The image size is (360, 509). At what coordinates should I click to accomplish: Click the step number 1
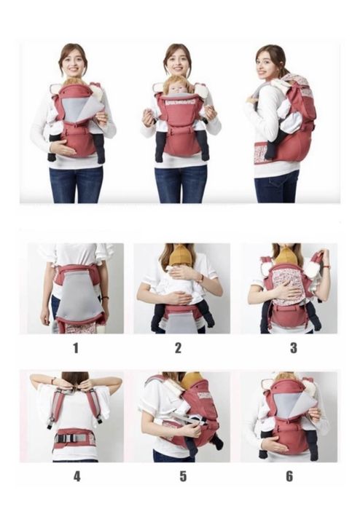(76, 347)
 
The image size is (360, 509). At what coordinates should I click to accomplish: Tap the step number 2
(178, 347)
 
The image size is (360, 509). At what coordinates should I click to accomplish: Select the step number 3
(294, 347)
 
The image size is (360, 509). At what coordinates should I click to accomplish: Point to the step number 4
(77, 476)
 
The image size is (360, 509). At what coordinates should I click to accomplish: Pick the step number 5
(183, 476)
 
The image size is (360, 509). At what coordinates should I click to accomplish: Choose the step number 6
(289, 476)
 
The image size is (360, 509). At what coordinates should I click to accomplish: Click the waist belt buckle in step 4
(66, 438)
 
